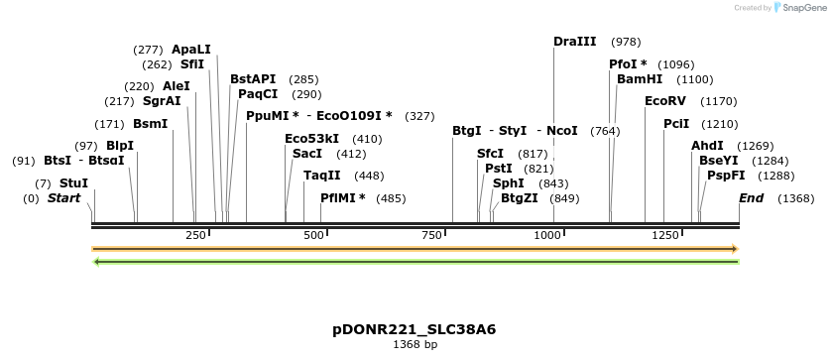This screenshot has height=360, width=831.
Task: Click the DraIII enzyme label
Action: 575,42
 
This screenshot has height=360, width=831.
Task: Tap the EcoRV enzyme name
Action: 665,101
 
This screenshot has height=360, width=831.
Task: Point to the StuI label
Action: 73,183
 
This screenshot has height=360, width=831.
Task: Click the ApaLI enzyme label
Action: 191,50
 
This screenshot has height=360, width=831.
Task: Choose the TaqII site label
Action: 322,176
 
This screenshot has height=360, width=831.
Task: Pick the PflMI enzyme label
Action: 343,198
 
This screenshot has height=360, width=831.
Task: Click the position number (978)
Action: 626,42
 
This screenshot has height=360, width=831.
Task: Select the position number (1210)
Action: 720,124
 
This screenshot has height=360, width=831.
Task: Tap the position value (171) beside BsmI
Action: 109,124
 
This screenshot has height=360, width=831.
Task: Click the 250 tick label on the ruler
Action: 195,235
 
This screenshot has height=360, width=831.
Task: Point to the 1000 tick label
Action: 548,235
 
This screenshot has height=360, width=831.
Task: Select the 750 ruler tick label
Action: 431,235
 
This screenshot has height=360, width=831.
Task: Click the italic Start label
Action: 64,198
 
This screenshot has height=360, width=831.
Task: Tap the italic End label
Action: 752,198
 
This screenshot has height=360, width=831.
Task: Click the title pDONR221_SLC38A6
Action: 415,329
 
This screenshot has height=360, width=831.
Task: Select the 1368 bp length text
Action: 415,345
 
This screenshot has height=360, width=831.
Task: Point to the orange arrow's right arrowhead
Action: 735,249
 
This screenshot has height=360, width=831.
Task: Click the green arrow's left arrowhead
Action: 95,262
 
